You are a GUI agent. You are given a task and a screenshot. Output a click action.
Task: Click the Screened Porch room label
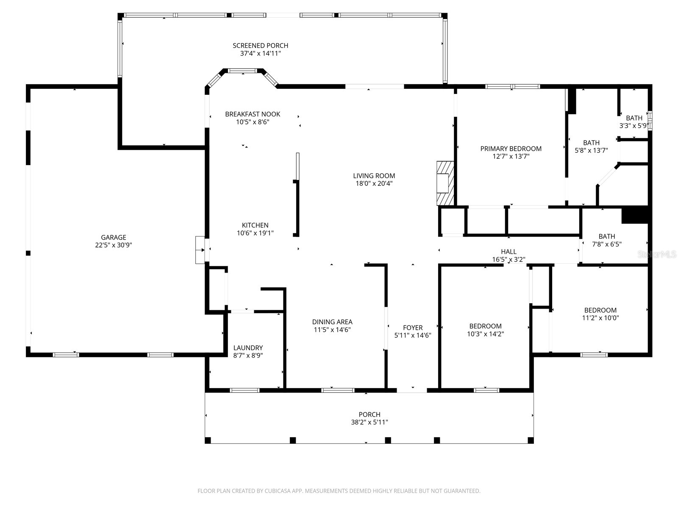[260, 46]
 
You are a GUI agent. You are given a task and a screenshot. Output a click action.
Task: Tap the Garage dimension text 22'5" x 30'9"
[114, 245]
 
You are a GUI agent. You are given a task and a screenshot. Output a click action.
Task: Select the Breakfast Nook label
[253, 114]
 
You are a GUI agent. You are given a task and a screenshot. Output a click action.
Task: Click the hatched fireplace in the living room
[445, 183]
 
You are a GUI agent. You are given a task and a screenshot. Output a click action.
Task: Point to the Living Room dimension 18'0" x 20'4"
[374, 184]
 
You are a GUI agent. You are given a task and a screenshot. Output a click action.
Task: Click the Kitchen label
[255, 225]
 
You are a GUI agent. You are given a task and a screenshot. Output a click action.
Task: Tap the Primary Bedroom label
[511, 149]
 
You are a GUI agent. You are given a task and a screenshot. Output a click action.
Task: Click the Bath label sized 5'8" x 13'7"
[591, 143]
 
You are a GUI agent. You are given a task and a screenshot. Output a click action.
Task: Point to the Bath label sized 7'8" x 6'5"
[607, 237]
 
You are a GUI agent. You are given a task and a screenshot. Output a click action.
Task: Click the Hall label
[508, 252]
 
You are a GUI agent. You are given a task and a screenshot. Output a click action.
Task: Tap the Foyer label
[413, 328]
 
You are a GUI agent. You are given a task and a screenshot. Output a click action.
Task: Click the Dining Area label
[332, 322]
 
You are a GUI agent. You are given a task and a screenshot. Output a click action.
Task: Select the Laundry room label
[248, 348]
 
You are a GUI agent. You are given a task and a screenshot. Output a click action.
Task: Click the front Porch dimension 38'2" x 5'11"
[370, 422]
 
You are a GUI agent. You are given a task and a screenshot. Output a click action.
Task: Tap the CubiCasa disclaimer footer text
[339, 491]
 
